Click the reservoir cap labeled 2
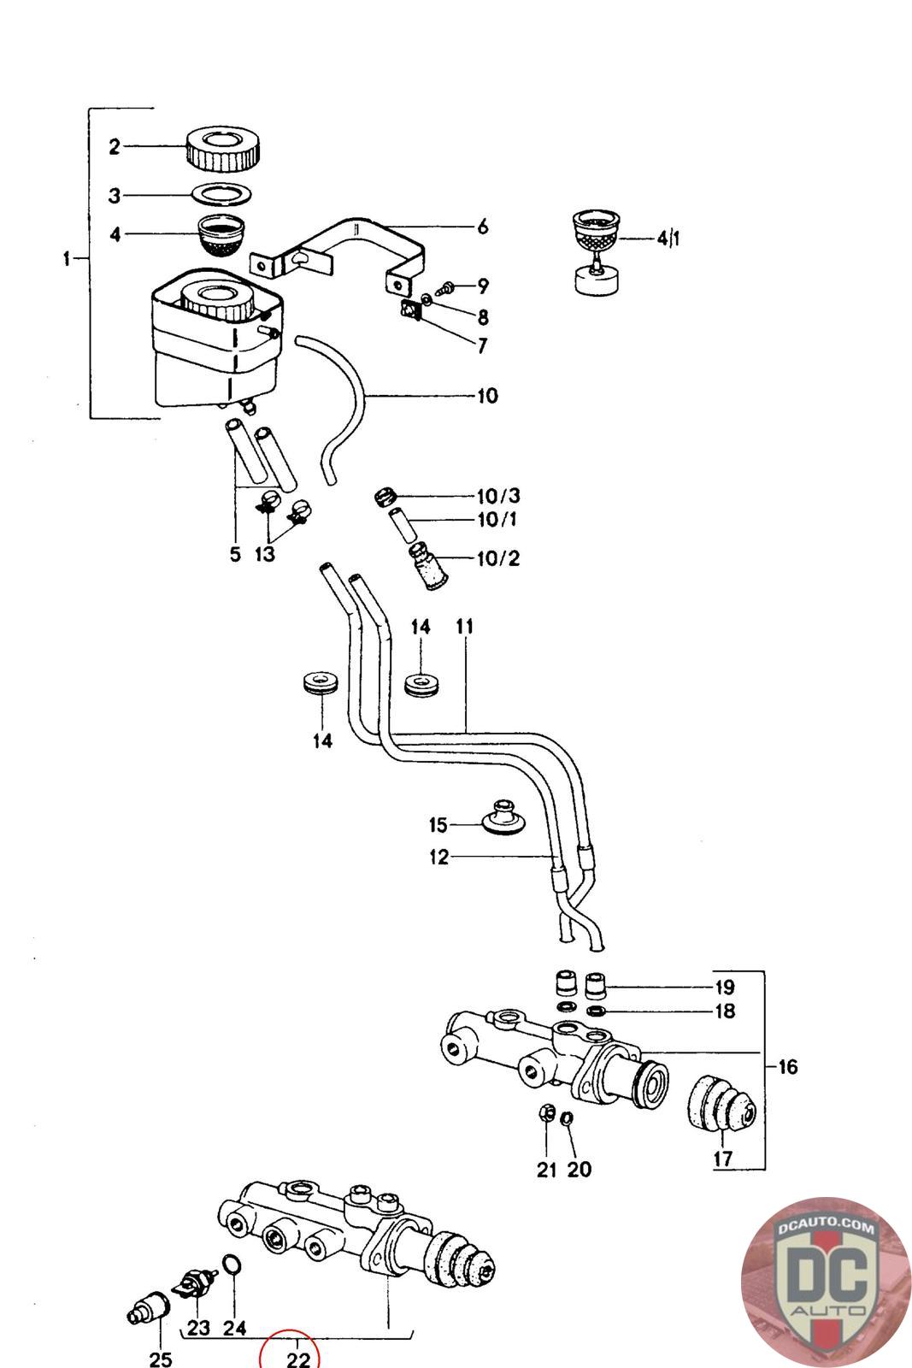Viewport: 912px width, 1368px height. [224, 150]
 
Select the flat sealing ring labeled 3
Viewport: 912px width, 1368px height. [221, 195]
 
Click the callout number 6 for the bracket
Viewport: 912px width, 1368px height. [482, 227]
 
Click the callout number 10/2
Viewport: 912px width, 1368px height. [498, 558]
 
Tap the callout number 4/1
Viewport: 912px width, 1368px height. [668, 238]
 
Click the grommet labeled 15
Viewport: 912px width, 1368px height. [503, 817]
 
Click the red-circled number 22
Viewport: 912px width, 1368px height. [298, 1359]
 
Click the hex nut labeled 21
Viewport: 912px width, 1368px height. [546, 1112]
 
